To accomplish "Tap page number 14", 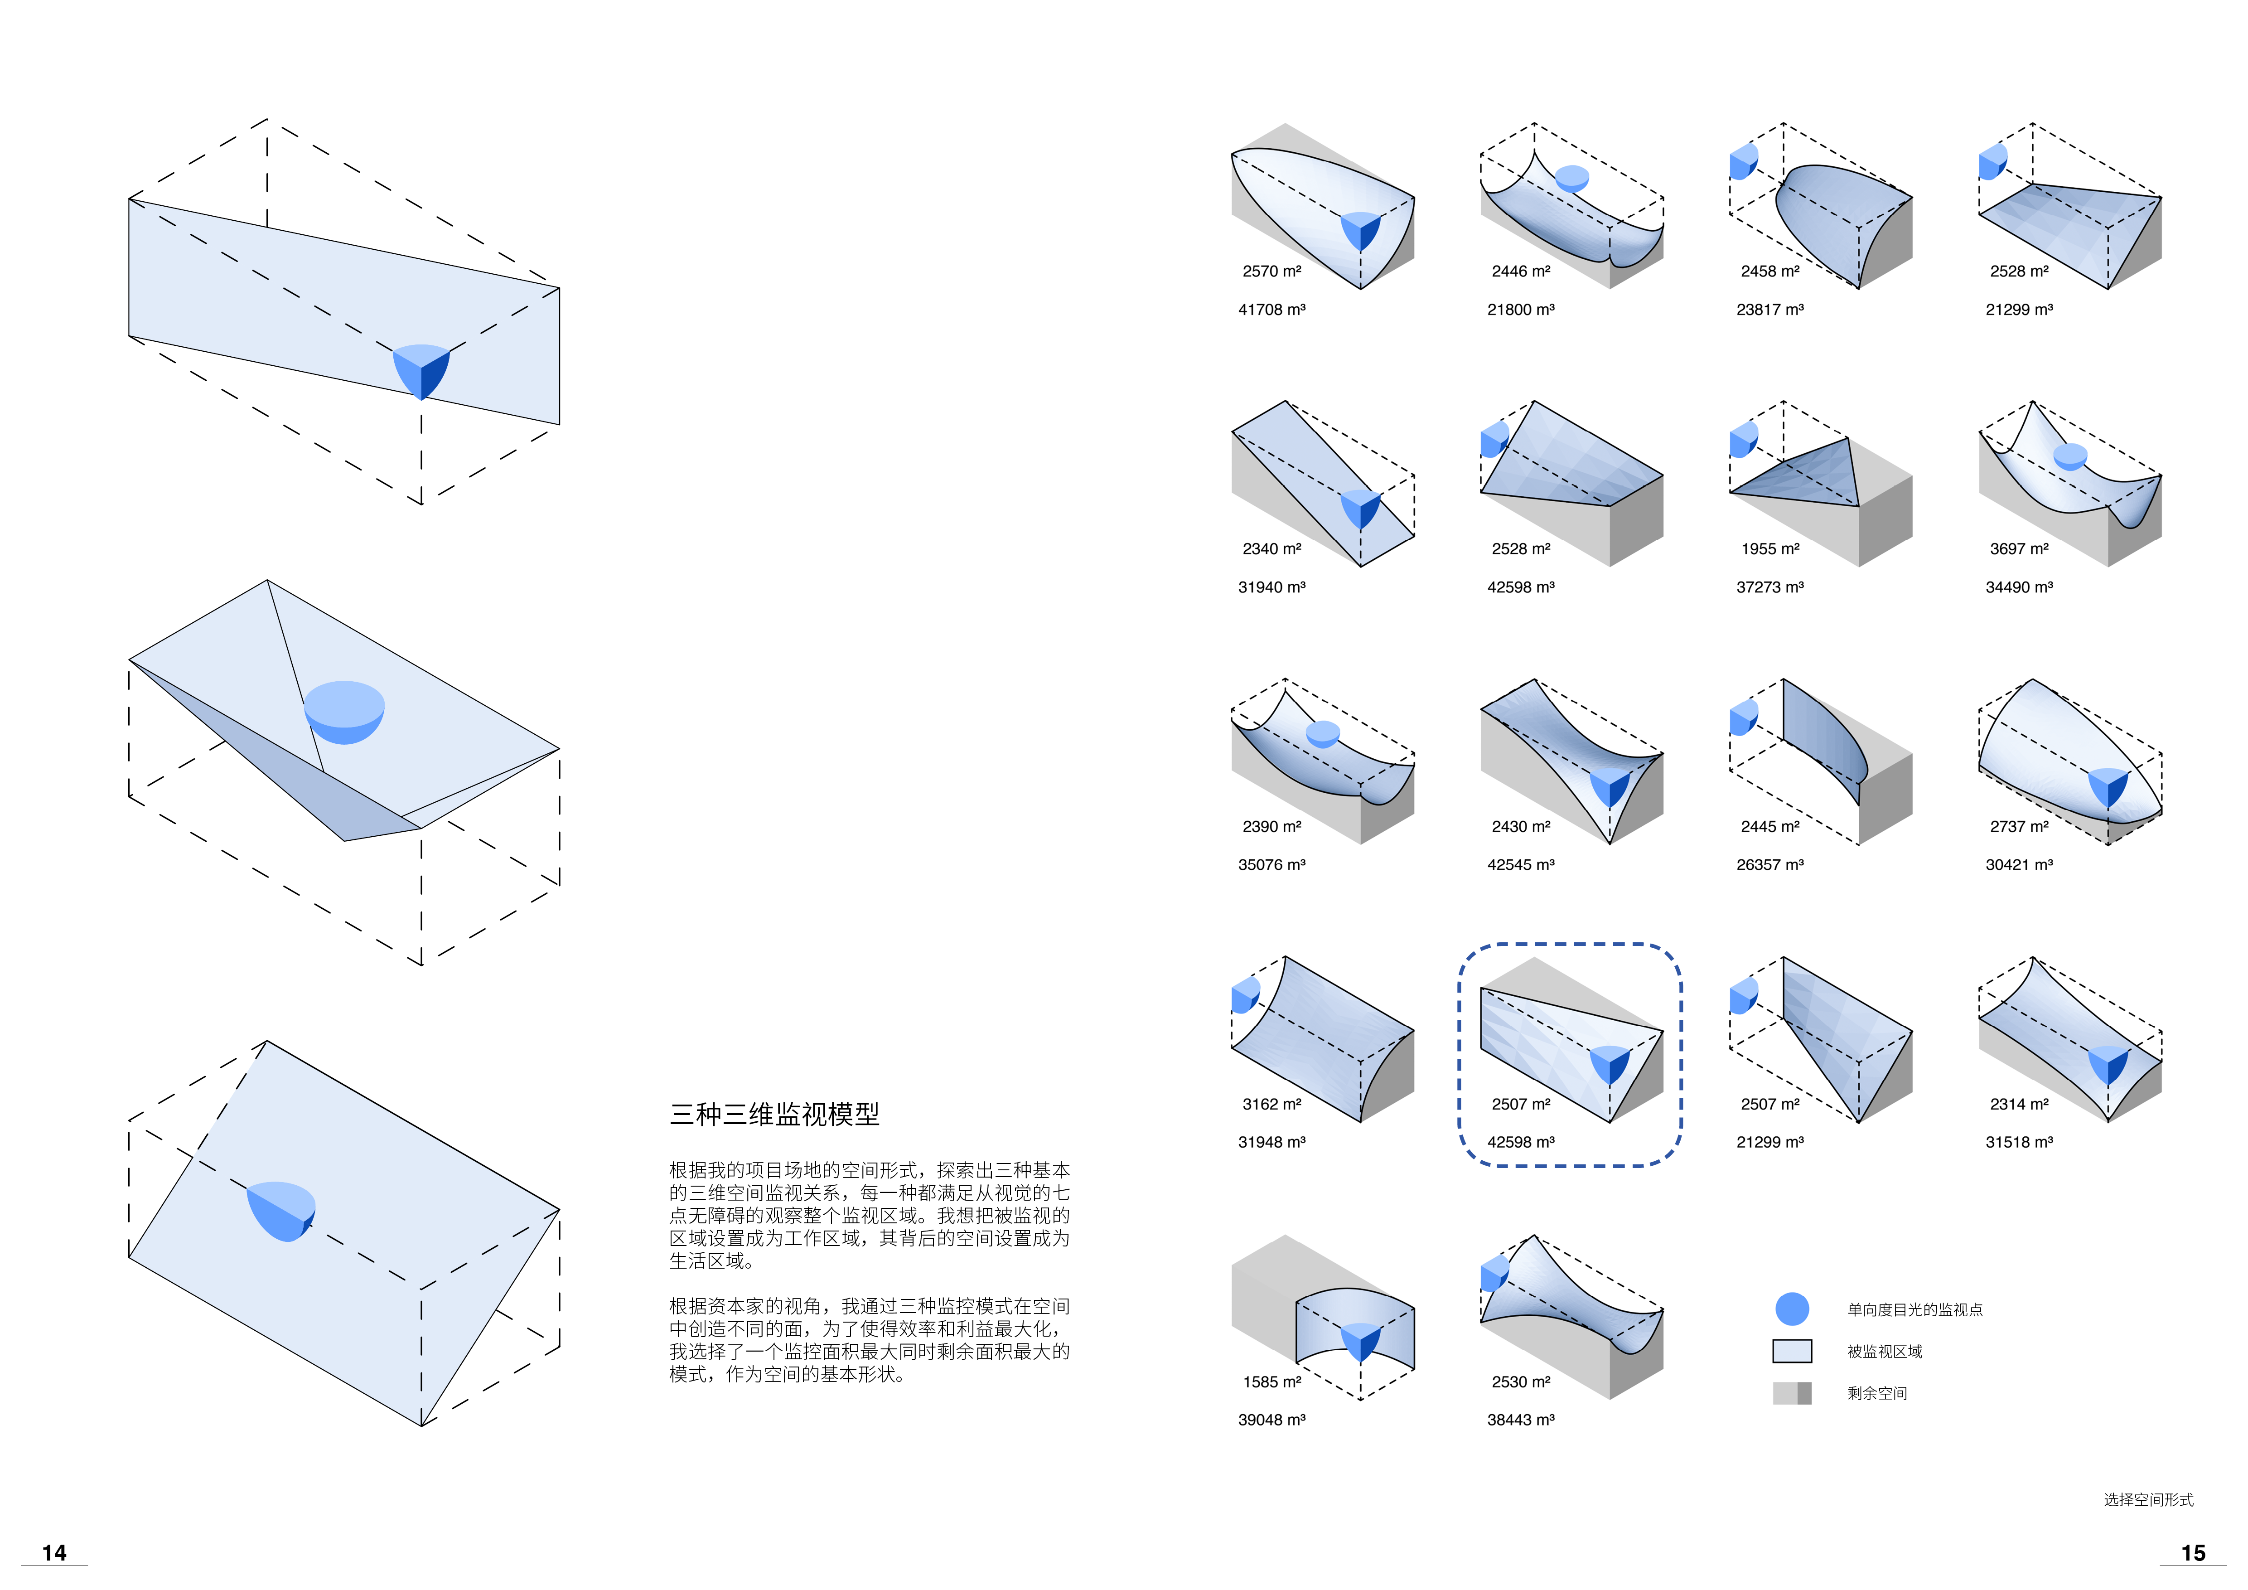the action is (55, 1553).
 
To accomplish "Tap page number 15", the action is (2193, 1553).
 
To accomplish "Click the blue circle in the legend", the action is (1792, 1309).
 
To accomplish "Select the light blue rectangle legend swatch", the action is (1792, 1351).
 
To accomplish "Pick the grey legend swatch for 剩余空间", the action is (1792, 1393).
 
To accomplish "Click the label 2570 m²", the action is (1272, 271).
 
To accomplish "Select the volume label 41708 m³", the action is (1272, 310).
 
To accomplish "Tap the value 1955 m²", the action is (1770, 549).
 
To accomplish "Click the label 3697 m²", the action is (2019, 549).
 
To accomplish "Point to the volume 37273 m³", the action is (1770, 587).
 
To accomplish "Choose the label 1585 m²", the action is (1272, 1382).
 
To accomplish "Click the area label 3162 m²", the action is (1272, 1105).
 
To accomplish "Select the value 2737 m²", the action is (2019, 827).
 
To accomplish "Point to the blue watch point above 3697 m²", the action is (2070, 456).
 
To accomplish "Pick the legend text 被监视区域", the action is (1885, 1352).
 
